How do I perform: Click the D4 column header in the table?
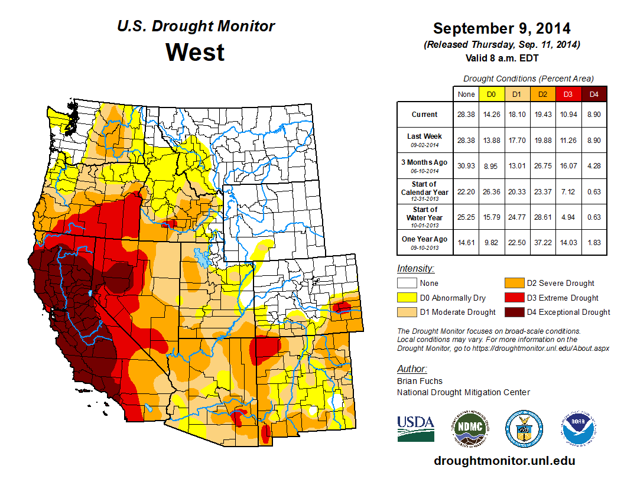[x=594, y=94]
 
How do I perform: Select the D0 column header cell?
[x=490, y=94]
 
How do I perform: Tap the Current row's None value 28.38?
[x=466, y=115]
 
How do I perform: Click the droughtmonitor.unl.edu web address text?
[x=504, y=461]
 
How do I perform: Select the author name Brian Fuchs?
[x=420, y=381]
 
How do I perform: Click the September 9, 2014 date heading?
[x=502, y=28]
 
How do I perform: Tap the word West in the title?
[x=194, y=52]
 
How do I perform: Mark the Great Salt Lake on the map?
[x=201, y=259]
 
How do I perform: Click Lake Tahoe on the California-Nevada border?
[x=89, y=292]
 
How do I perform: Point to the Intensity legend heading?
[x=416, y=268]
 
